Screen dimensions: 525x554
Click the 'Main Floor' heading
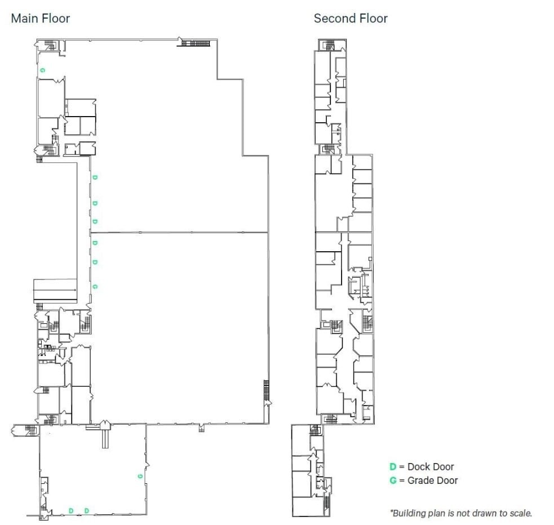(x=41, y=18)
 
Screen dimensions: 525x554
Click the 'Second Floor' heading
(x=351, y=18)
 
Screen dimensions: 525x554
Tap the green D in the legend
(x=393, y=466)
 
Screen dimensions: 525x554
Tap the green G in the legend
(x=393, y=480)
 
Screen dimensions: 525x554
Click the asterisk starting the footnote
(x=391, y=513)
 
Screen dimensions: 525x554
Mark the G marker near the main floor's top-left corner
(x=42, y=70)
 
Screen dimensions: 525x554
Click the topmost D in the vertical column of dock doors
(x=95, y=177)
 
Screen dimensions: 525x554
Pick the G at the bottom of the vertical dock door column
(x=95, y=286)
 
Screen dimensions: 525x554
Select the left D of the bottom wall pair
(x=71, y=510)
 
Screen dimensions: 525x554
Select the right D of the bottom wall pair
(x=87, y=510)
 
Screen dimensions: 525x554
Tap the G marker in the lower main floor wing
(x=139, y=476)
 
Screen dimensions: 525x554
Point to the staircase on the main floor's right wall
(x=266, y=390)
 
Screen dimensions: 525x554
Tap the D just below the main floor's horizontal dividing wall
(x=95, y=243)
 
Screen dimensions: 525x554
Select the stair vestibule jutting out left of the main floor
(x=24, y=430)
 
